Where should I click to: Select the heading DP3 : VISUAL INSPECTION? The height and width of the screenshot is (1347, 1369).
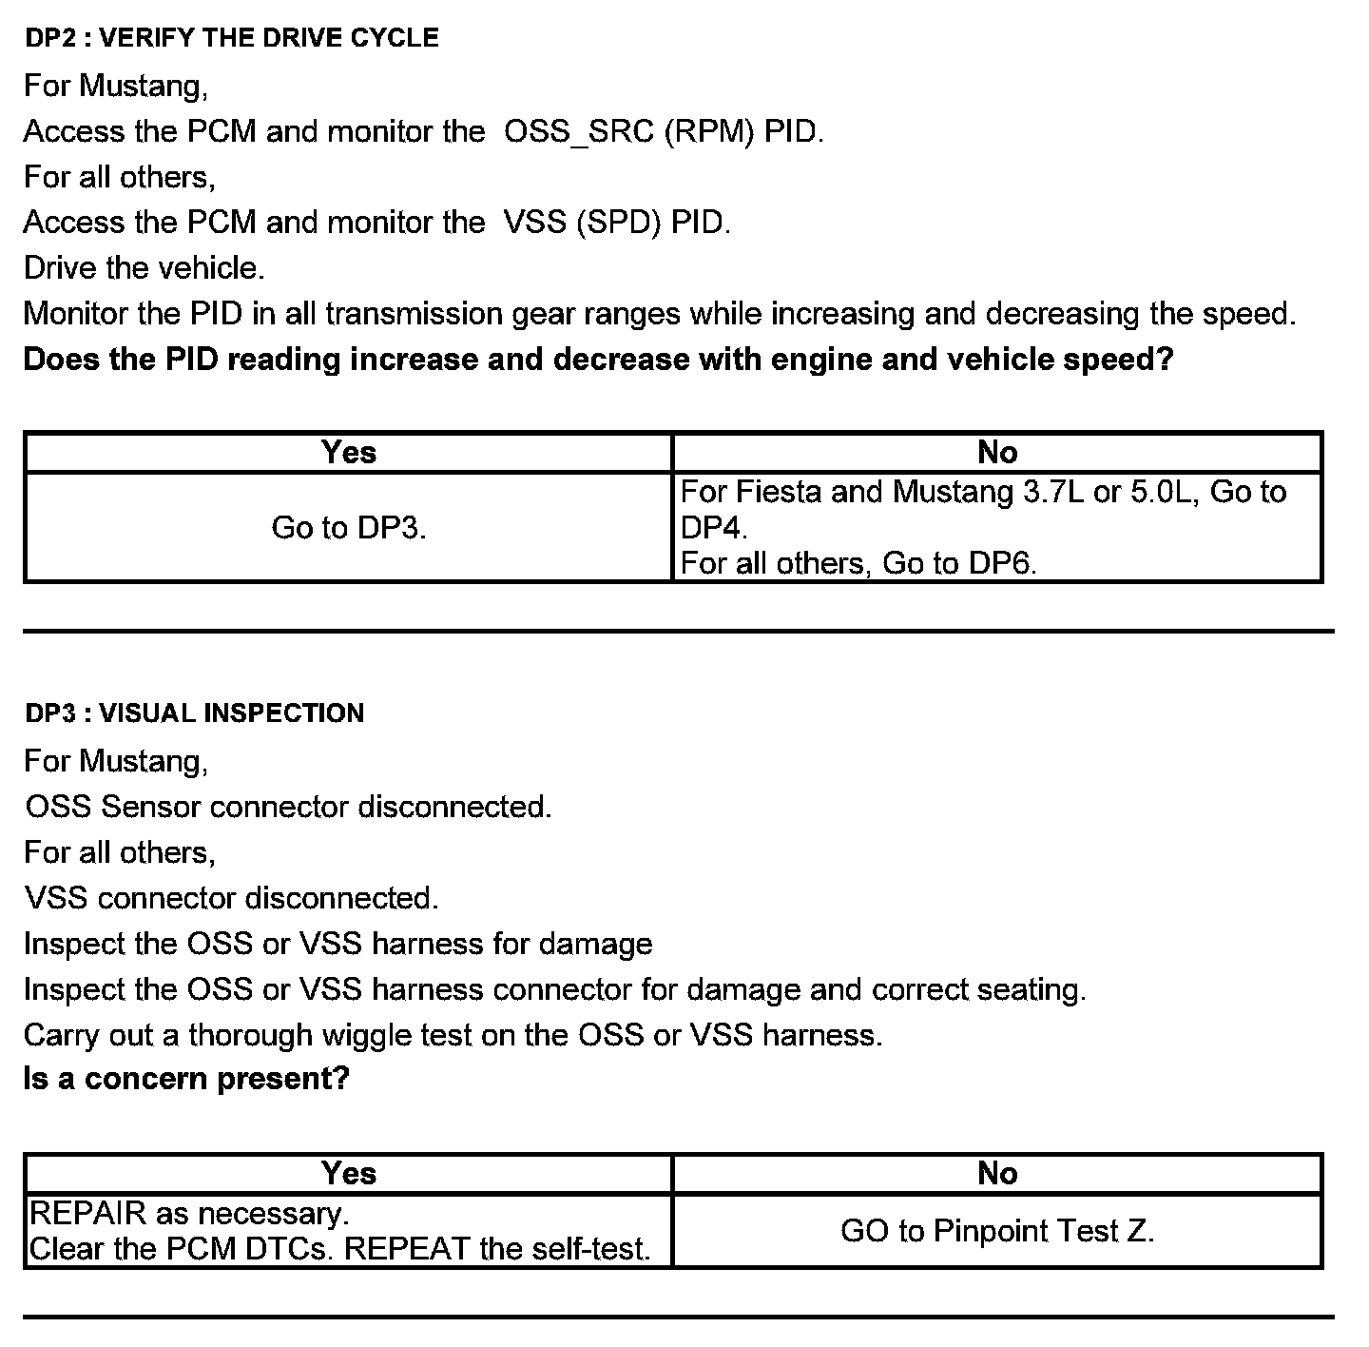pyautogui.click(x=194, y=713)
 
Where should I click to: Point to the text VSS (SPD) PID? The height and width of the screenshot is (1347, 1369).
pyautogui.click(x=617, y=223)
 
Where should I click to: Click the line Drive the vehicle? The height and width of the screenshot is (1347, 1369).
pyautogui.click(x=144, y=268)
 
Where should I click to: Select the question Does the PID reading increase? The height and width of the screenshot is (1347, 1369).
pyautogui.click(x=598, y=360)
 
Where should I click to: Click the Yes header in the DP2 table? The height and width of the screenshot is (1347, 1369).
pyautogui.click(x=348, y=453)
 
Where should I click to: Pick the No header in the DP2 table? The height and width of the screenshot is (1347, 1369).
pyautogui.click(x=997, y=453)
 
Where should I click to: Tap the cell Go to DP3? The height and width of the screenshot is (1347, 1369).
pyautogui.click(x=348, y=527)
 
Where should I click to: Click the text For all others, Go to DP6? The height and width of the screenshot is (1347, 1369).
pyautogui.click(x=858, y=563)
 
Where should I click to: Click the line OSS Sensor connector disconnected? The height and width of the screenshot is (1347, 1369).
pyautogui.click(x=288, y=807)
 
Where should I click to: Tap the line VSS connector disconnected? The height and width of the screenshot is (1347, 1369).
pyautogui.click(x=231, y=898)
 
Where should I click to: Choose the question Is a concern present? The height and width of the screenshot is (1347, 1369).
pyautogui.click(x=186, y=1079)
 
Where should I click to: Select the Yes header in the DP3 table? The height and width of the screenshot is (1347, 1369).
pyautogui.click(x=348, y=1174)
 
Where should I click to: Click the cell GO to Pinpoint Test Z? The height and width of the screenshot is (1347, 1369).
pyautogui.click(x=997, y=1231)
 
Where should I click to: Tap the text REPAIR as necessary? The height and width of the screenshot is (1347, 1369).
pyautogui.click(x=189, y=1214)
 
